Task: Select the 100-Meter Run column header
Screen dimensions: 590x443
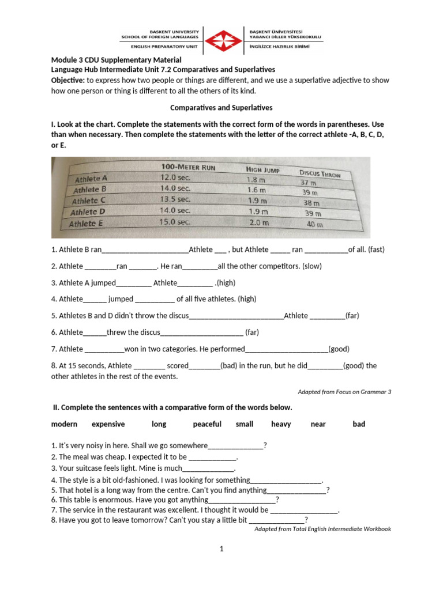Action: [188, 167]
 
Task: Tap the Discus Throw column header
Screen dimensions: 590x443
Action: [320, 173]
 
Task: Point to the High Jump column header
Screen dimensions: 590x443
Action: [266, 169]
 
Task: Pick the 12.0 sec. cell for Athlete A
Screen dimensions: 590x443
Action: [175, 178]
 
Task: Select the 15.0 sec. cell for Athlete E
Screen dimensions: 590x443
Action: [175, 222]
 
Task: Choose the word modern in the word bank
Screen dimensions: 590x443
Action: [64, 424]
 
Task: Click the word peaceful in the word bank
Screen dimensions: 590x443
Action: [207, 424]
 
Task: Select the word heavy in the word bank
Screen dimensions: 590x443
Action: [281, 424]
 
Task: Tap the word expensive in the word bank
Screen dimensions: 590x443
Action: [108, 424]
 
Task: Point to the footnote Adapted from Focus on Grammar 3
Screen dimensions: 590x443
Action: [344, 392]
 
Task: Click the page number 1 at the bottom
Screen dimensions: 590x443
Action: [221, 549]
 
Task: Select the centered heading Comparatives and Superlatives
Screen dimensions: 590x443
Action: [221, 107]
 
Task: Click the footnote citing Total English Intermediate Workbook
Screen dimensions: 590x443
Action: [322, 528]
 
